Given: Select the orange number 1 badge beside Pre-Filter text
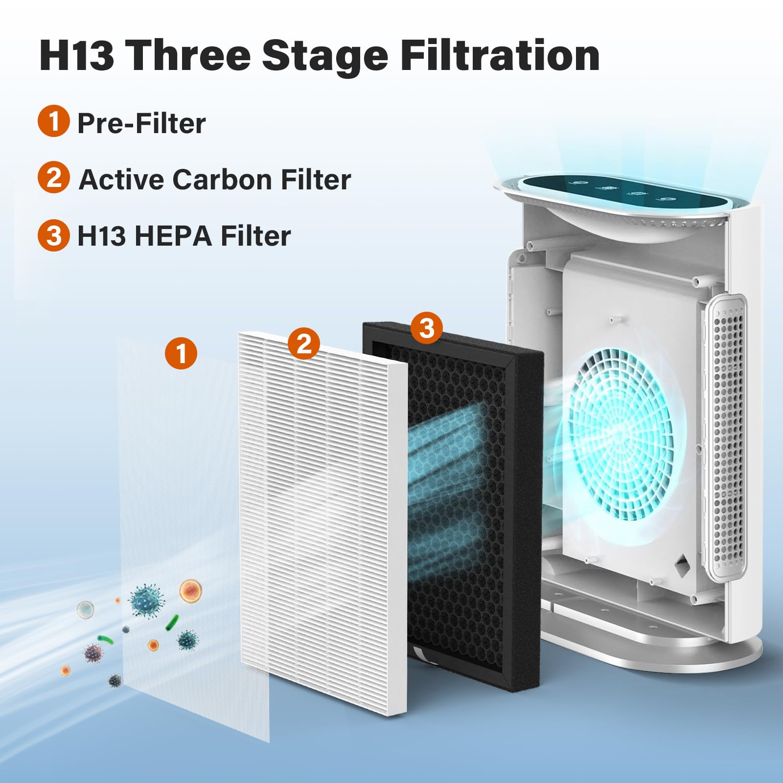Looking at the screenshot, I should pyautogui.click(x=53, y=121).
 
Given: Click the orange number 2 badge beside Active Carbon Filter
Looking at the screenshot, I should pyautogui.click(x=53, y=177).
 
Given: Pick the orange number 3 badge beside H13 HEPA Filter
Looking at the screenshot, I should pyautogui.click(x=53, y=235).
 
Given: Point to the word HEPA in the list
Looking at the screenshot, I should pyautogui.click(x=173, y=236).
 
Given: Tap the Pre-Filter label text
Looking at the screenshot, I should pyautogui.click(x=141, y=123).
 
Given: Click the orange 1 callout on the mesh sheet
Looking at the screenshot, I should pyautogui.click(x=181, y=353).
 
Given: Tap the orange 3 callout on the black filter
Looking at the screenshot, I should pyautogui.click(x=427, y=327).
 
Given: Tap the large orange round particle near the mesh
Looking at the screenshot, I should pyautogui.click(x=191, y=591).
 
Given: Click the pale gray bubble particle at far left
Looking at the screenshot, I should pyautogui.click(x=85, y=610).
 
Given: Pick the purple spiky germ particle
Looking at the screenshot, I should pyautogui.click(x=93, y=652).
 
